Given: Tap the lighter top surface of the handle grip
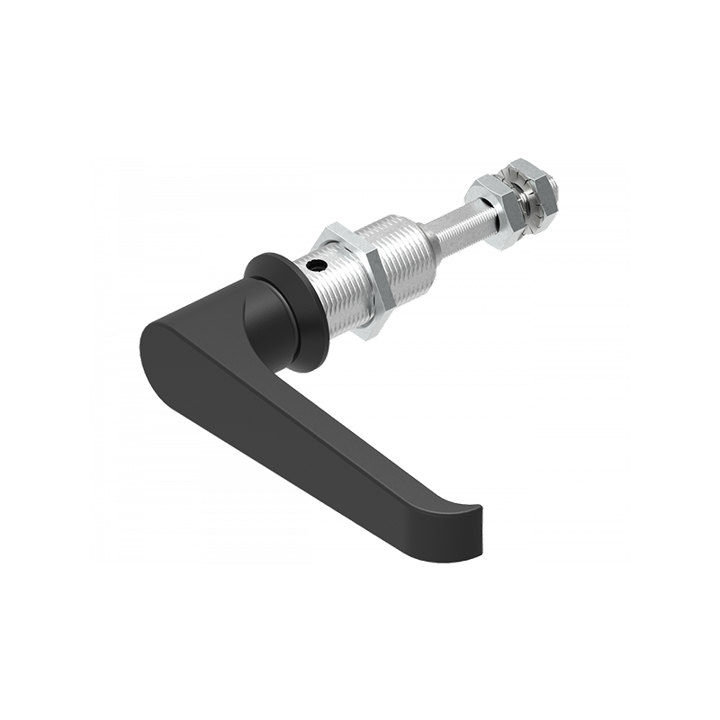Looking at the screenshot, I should click(297, 396).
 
